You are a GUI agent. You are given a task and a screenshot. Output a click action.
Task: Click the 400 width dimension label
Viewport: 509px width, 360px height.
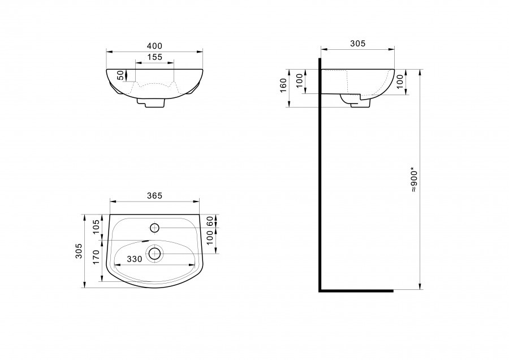pyautogui.click(x=154, y=46)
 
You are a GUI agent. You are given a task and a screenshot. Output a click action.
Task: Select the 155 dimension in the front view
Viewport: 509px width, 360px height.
pyautogui.click(x=154, y=57)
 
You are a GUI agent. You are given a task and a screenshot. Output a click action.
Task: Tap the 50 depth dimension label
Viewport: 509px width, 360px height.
pyautogui.click(x=120, y=75)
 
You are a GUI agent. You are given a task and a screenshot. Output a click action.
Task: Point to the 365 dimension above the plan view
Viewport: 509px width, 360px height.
pyautogui.click(x=154, y=196)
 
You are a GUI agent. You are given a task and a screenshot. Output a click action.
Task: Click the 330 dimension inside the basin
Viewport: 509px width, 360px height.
pyautogui.click(x=135, y=259)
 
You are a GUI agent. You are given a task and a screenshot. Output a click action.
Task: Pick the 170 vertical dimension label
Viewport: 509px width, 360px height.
pyautogui.click(x=96, y=257)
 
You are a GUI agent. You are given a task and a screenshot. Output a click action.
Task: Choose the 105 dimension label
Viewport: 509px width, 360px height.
pyautogui.click(x=96, y=227)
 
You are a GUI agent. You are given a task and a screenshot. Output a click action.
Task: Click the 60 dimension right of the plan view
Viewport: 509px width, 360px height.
pyautogui.click(x=210, y=221)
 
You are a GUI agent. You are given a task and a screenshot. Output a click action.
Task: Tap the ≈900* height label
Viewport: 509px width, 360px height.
pyautogui.click(x=414, y=180)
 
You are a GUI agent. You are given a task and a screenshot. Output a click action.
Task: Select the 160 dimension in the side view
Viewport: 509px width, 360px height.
pyautogui.click(x=283, y=85)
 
